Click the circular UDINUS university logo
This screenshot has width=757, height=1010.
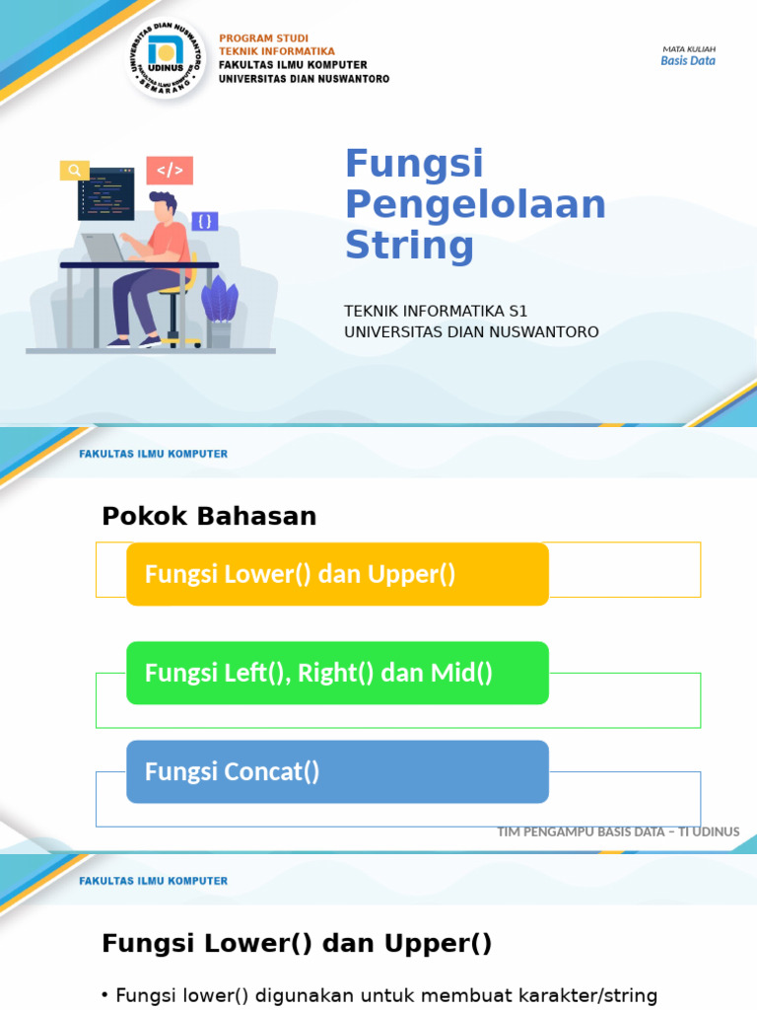(x=168, y=58)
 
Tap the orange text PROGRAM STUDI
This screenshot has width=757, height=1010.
(x=263, y=38)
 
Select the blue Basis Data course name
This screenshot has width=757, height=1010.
(x=687, y=61)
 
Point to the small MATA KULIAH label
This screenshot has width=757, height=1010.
(x=688, y=48)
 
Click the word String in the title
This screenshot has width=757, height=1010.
(x=409, y=246)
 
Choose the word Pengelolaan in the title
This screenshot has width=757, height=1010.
(x=475, y=204)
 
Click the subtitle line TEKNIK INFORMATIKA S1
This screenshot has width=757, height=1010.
(x=436, y=311)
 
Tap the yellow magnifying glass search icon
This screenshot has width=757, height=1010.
(x=74, y=170)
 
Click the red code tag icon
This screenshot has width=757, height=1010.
(x=170, y=171)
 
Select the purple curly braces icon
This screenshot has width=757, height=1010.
(x=205, y=221)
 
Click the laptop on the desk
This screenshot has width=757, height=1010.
(x=103, y=248)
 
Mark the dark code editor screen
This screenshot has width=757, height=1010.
(x=105, y=192)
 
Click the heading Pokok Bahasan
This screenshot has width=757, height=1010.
(x=209, y=516)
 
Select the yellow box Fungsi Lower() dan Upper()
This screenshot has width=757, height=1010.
(x=337, y=574)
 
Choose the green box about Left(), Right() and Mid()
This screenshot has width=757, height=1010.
(x=337, y=673)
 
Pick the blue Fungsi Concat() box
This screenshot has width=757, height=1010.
(x=337, y=771)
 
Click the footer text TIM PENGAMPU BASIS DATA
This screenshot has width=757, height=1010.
(x=618, y=831)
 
